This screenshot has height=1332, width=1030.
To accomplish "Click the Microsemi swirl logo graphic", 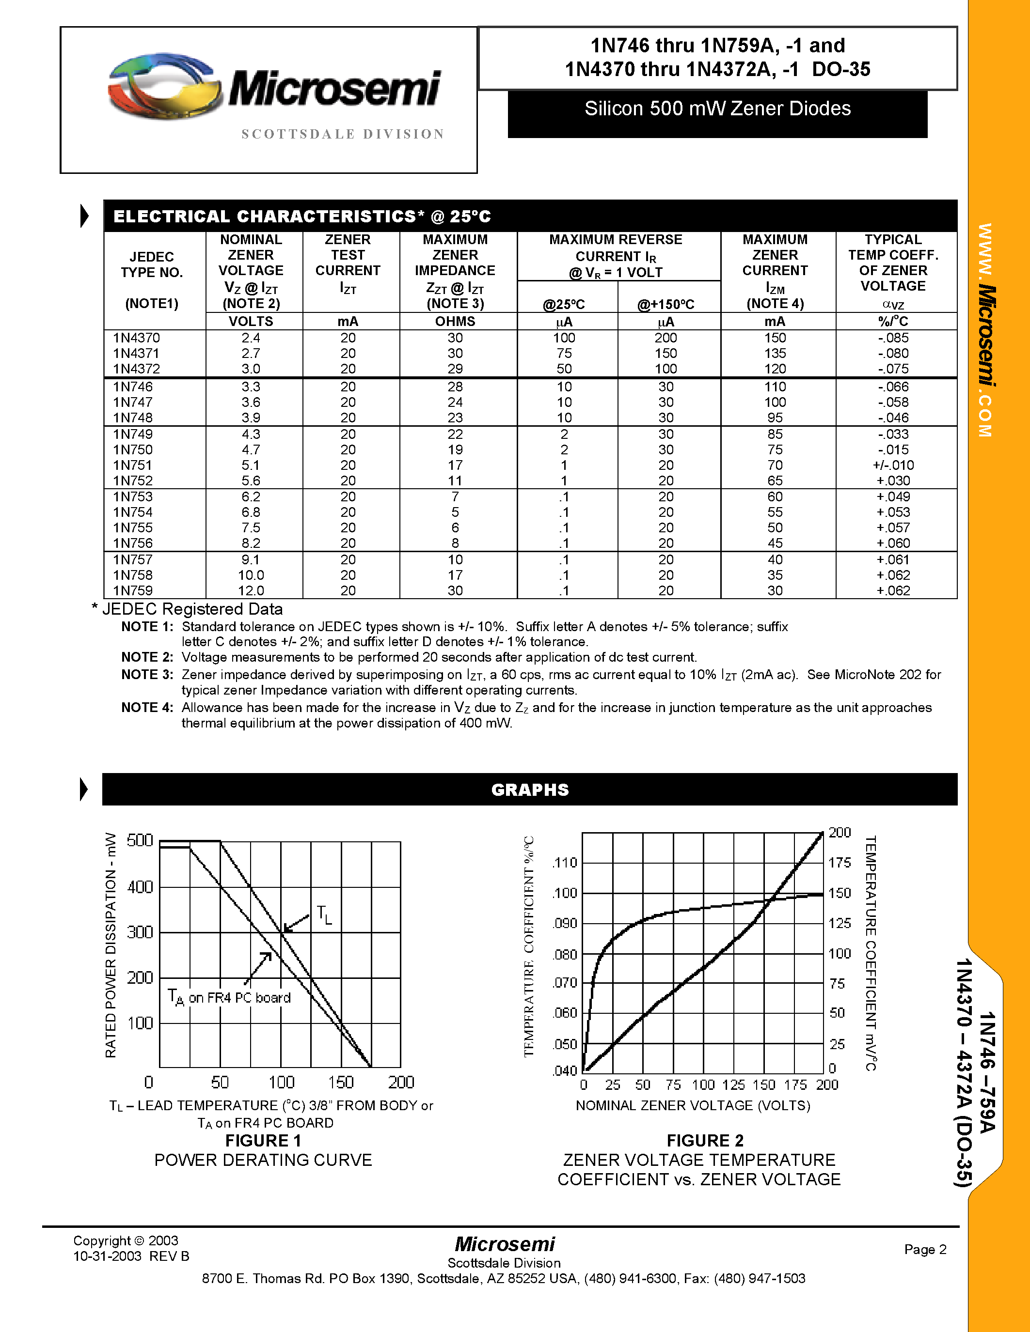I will [x=165, y=85].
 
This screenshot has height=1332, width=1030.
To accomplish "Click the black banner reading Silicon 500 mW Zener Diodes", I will [x=717, y=113].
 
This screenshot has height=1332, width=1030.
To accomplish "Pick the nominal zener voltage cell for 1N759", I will [x=251, y=590].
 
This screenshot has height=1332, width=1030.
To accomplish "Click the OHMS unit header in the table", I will [x=455, y=322].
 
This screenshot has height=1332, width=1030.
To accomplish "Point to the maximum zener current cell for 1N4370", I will [x=775, y=338].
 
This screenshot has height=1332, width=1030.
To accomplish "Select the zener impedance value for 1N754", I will [x=455, y=512].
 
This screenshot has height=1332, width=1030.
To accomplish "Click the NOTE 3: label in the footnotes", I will [x=147, y=675].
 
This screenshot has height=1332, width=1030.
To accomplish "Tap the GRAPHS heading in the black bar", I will [x=530, y=790].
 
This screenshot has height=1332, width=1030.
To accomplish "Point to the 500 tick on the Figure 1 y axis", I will [x=140, y=840].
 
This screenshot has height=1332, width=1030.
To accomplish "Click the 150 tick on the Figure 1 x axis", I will [x=340, y=1082].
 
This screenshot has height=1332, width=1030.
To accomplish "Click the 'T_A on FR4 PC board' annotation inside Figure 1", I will [x=229, y=998].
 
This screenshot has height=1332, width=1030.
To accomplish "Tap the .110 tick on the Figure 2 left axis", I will [x=564, y=862].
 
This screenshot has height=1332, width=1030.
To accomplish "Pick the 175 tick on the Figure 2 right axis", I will [x=840, y=862].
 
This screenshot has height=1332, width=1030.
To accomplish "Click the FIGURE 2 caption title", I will [x=705, y=1141].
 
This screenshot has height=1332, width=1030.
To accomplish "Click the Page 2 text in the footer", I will [x=925, y=1249].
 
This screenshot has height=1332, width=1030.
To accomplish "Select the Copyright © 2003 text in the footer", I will [x=126, y=1240].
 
